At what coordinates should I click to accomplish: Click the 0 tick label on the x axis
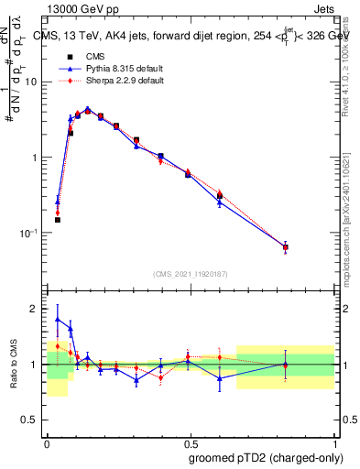pyautogui.click(x=47, y=442)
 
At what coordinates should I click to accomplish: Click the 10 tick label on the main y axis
pyautogui.click(x=31, y=82)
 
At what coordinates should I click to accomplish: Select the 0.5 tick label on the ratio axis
pyautogui.click(x=32, y=420)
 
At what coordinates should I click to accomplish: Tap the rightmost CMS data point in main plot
pyautogui.click(x=285, y=247)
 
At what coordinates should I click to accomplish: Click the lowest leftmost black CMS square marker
pyautogui.click(x=57, y=220)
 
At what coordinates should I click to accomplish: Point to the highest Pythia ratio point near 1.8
pyautogui.click(x=58, y=320)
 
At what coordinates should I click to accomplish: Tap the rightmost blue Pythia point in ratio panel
pyautogui.click(x=285, y=365)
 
